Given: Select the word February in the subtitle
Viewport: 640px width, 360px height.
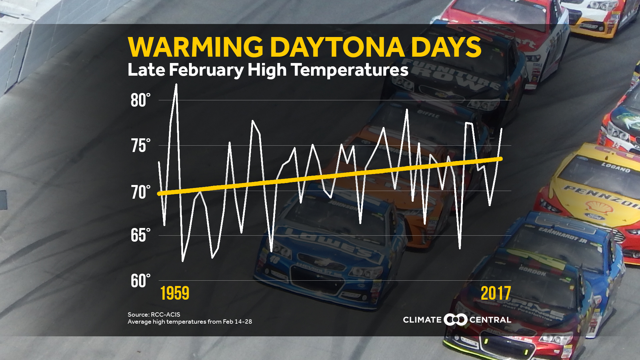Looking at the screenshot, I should (206, 70).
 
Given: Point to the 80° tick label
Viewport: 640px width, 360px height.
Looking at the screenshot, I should (140, 100).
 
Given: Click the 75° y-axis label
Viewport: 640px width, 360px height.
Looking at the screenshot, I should (140, 146).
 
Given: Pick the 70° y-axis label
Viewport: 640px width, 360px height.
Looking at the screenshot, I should (140, 192).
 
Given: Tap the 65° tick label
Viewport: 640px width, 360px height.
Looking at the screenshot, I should (140, 235).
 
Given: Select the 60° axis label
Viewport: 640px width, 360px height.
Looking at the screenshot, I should (140, 281).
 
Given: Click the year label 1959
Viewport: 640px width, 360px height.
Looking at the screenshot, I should (175, 293).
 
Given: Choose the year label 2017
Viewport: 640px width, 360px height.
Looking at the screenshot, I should (496, 293).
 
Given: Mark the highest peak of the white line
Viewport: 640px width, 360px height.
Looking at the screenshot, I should (176, 85).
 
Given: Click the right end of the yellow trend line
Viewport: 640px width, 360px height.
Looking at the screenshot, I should (501, 159).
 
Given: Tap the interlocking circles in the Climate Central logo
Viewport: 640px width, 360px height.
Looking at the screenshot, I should (455, 320).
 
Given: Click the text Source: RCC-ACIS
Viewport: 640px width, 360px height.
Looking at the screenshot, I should (154, 314).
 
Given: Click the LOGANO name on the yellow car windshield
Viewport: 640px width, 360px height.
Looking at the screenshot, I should (616, 168).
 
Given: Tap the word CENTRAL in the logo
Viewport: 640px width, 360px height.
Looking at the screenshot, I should (490, 320).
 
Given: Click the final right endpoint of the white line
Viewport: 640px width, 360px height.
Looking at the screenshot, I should (502, 129).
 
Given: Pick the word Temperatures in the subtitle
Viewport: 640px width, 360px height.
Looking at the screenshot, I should (349, 70).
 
